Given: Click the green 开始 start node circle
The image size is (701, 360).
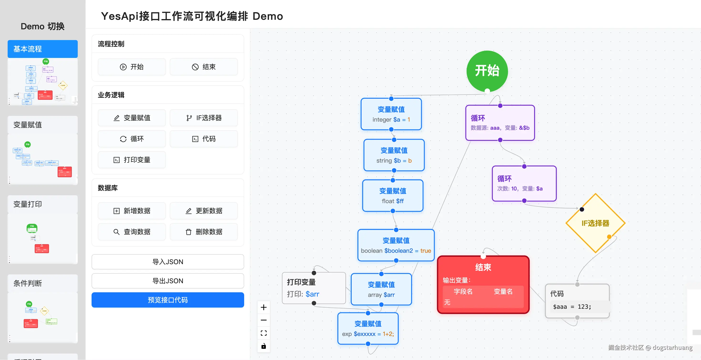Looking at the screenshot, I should (x=487, y=71).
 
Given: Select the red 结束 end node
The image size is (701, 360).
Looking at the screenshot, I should (x=483, y=284).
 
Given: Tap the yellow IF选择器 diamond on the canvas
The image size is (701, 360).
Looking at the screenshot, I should (x=595, y=223).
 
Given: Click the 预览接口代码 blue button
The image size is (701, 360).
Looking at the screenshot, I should (x=168, y=300).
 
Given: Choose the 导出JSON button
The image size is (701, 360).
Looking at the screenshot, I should (x=168, y=281).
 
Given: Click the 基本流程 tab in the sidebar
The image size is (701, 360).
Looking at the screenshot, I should (x=43, y=49).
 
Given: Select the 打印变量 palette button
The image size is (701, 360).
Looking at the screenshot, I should (x=132, y=160).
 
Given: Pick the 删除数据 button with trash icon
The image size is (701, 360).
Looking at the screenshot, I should (x=204, y=232).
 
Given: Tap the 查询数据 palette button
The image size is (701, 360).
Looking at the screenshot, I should (x=132, y=232).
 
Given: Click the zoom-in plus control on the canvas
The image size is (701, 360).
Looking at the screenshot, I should (x=263, y=308).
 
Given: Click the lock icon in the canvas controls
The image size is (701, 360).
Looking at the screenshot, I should (x=263, y=346).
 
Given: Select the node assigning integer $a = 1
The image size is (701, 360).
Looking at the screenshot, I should (x=391, y=114).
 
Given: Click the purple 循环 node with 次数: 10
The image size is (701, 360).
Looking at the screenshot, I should (x=524, y=183).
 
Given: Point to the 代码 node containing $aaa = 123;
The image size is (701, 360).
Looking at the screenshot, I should (x=577, y=301).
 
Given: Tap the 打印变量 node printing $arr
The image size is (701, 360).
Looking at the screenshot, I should (x=314, y=288).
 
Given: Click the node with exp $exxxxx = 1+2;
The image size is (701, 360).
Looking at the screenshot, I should (x=368, y=329).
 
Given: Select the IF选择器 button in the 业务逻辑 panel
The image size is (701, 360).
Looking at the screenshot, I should (x=204, y=118).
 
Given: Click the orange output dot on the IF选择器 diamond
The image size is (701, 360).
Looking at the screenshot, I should (x=609, y=237).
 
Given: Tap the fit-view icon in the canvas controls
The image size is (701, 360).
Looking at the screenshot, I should (x=263, y=333).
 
